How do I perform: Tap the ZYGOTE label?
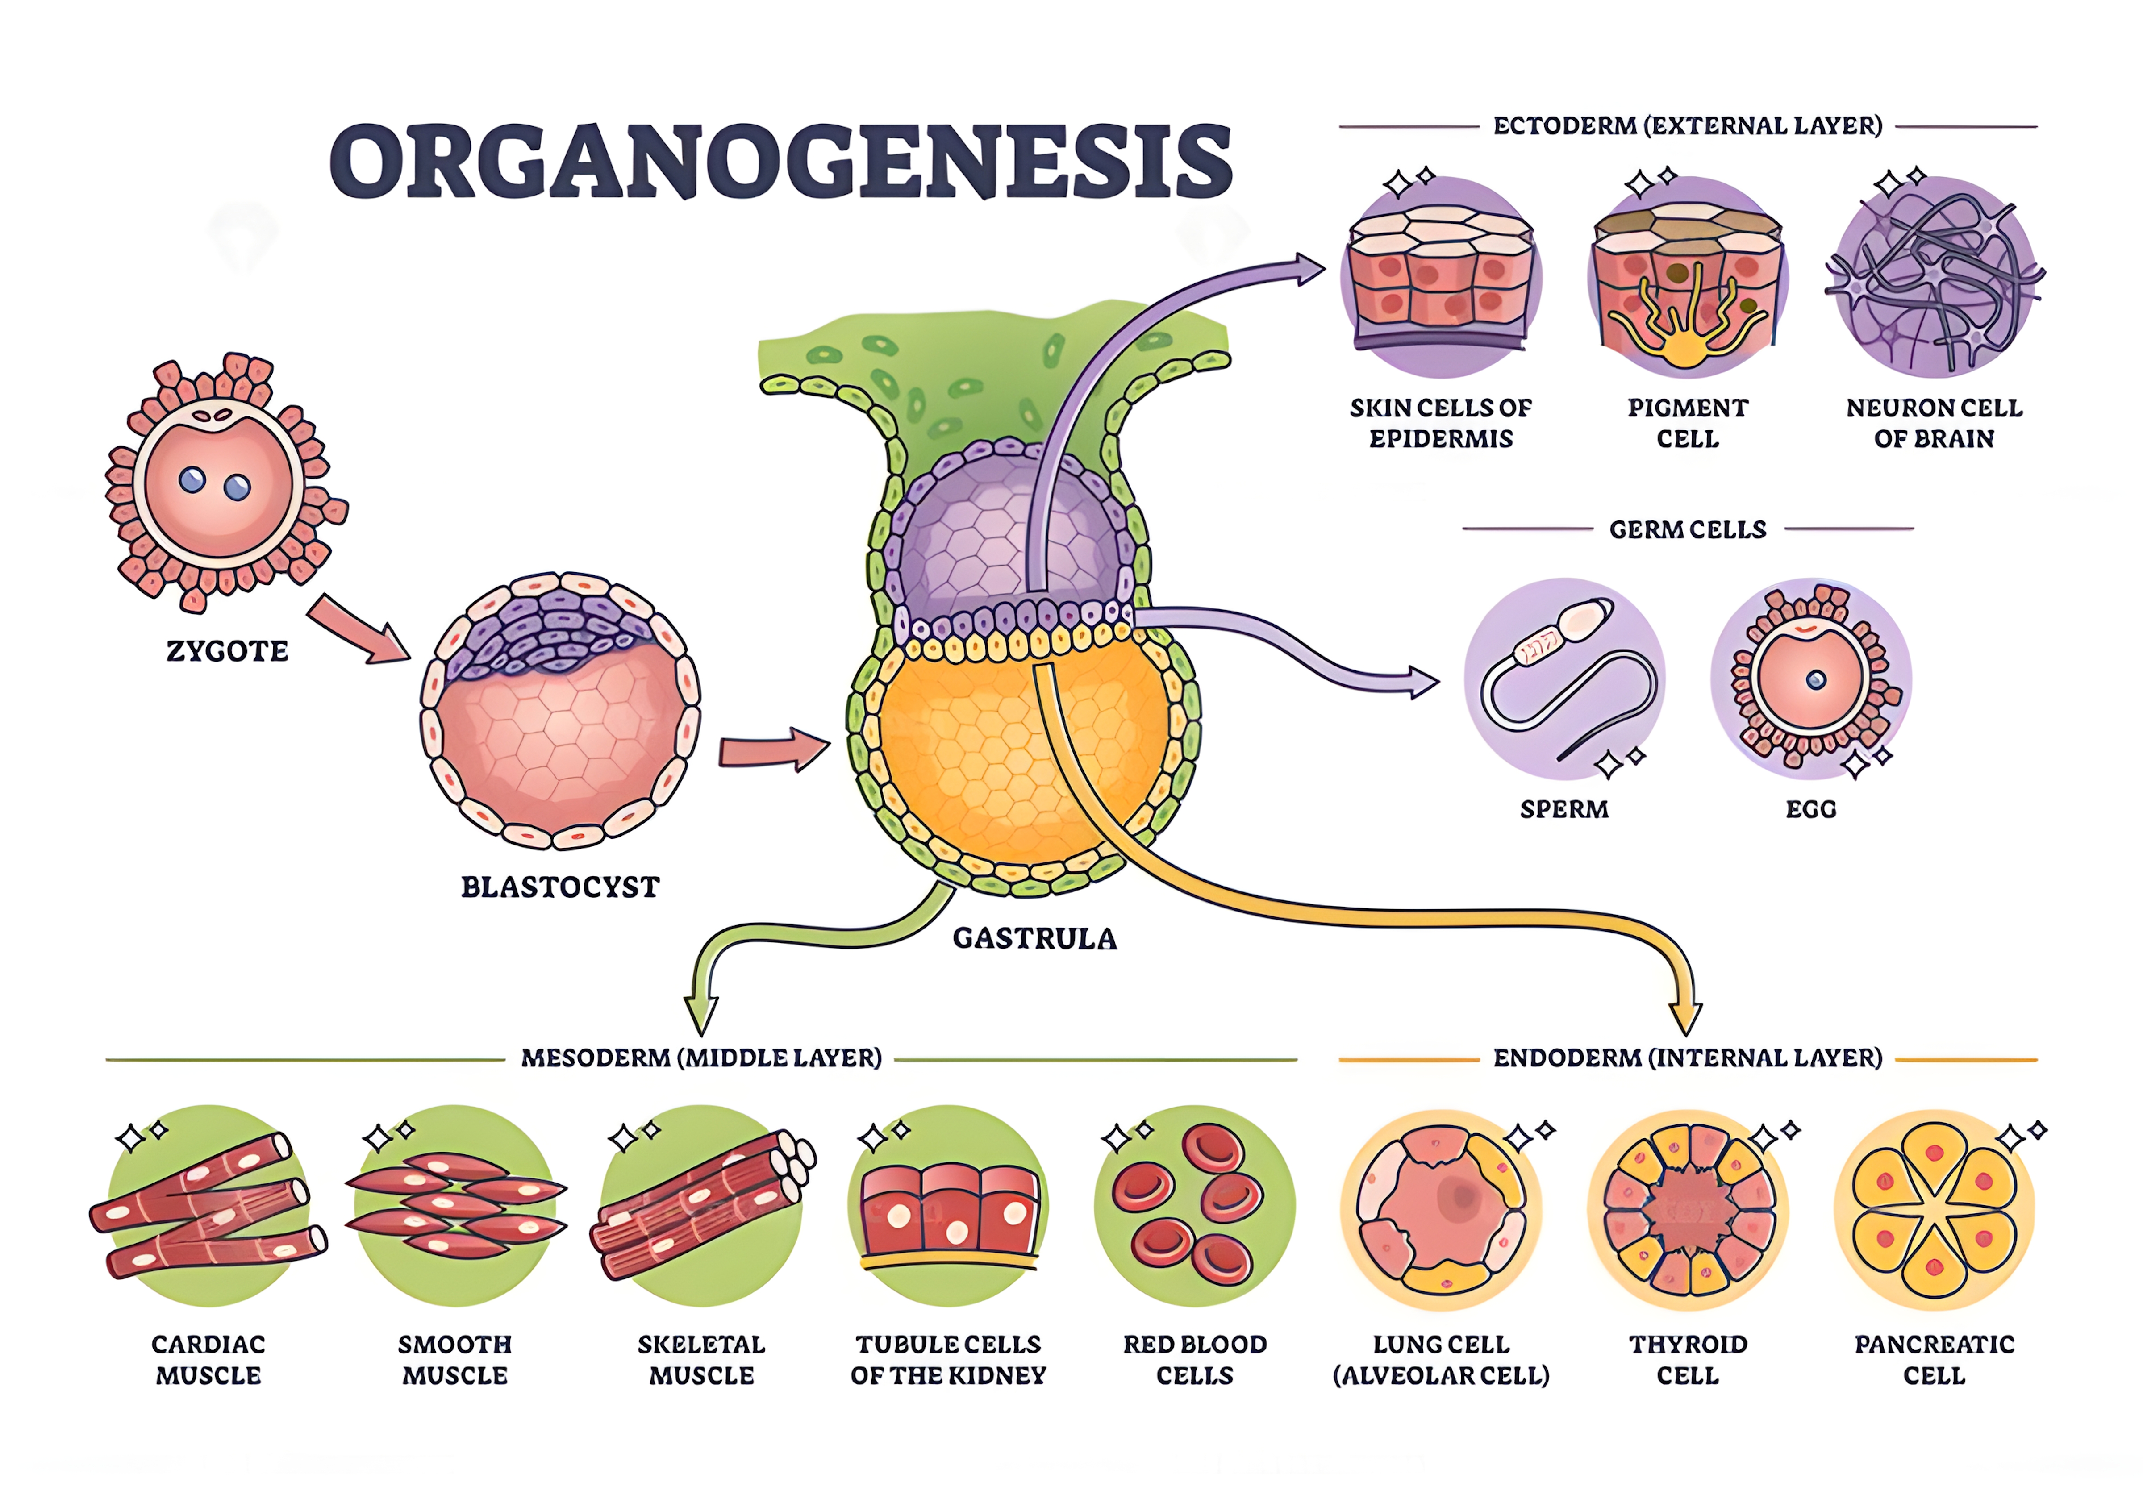point(227,650)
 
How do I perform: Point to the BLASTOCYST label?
point(560,887)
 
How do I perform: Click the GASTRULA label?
point(1034,938)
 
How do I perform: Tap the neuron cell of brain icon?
point(1934,277)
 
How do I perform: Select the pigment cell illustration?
point(1688,277)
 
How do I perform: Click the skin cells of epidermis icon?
point(1441,277)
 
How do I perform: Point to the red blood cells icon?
point(1195,1205)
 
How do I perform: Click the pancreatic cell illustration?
point(1934,1210)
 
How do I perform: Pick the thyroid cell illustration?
point(1688,1210)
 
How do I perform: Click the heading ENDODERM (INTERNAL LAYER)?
point(1688,1058)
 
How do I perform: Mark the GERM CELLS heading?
point(1688,529)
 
